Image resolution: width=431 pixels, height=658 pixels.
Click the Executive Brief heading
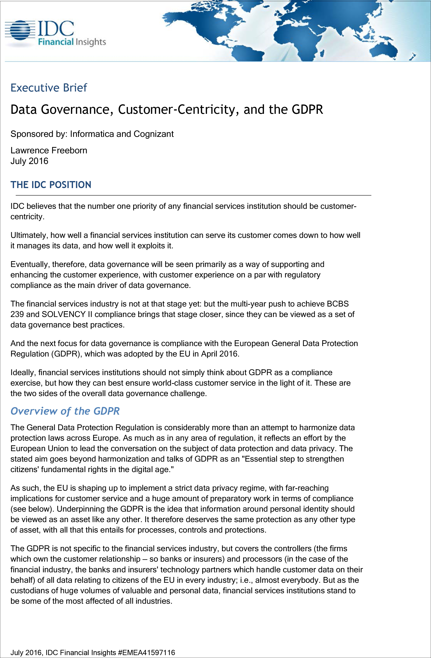tap(49, 88)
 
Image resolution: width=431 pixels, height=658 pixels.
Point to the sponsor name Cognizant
tap(154, 134)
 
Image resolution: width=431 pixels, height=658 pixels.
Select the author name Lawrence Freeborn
tap(49, 150)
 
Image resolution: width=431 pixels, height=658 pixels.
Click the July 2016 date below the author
tap(29, 161)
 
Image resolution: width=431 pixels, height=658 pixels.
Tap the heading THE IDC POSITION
tap(51, 185)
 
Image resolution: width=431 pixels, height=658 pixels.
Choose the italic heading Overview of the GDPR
tap(65, 411)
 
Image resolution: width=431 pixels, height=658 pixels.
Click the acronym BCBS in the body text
tap(338, 304)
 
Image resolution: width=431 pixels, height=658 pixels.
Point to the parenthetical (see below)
tap(32, 509)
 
